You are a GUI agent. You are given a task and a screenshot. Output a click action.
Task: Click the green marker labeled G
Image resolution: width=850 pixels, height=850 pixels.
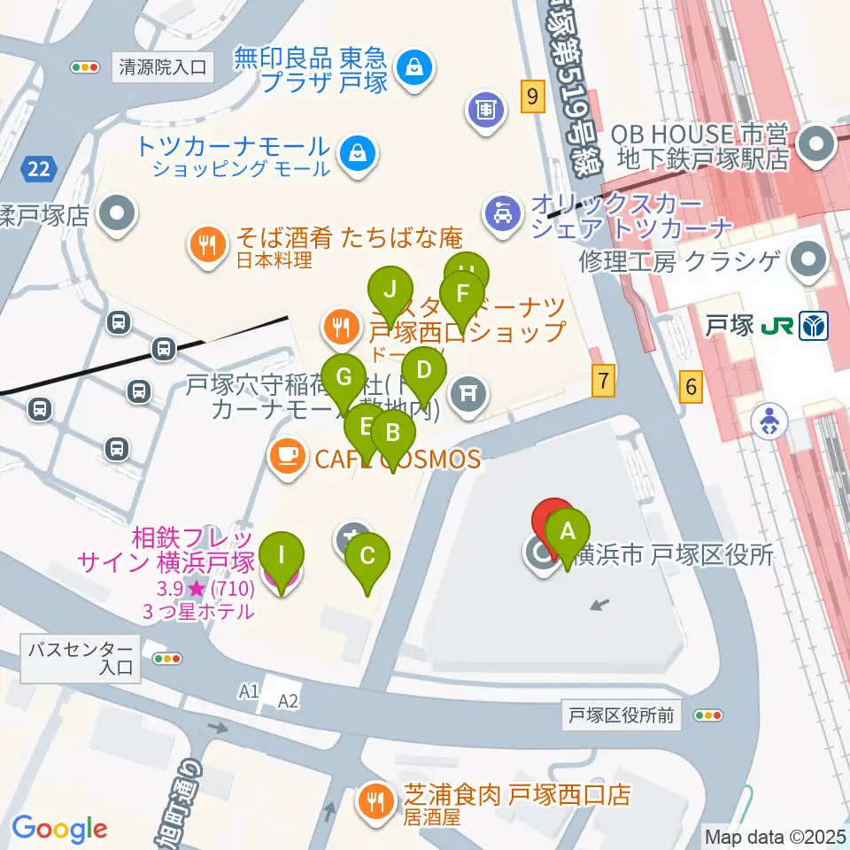(x=344, y=377)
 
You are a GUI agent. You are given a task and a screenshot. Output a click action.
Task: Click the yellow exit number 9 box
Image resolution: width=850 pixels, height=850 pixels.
(x=531, y=96)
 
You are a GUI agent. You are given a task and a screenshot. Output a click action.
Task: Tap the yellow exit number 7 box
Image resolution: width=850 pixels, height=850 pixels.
(x=603, y=382)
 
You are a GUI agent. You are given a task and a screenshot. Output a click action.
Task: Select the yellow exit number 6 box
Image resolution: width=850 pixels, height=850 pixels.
(x=692, y=385)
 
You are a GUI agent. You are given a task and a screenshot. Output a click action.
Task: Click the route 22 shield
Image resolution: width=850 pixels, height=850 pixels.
(x=39, y=168)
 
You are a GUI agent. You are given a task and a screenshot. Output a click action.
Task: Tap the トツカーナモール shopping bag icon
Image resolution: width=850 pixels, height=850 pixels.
(x=358, y=153)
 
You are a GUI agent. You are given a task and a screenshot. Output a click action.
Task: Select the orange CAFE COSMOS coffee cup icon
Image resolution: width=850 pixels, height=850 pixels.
(x=285, y=458)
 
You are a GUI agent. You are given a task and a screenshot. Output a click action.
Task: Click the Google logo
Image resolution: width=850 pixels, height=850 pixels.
(x=59, y=828)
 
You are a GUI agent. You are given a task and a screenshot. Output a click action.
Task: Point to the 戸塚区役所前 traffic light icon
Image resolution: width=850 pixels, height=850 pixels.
(x=708, y=715)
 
